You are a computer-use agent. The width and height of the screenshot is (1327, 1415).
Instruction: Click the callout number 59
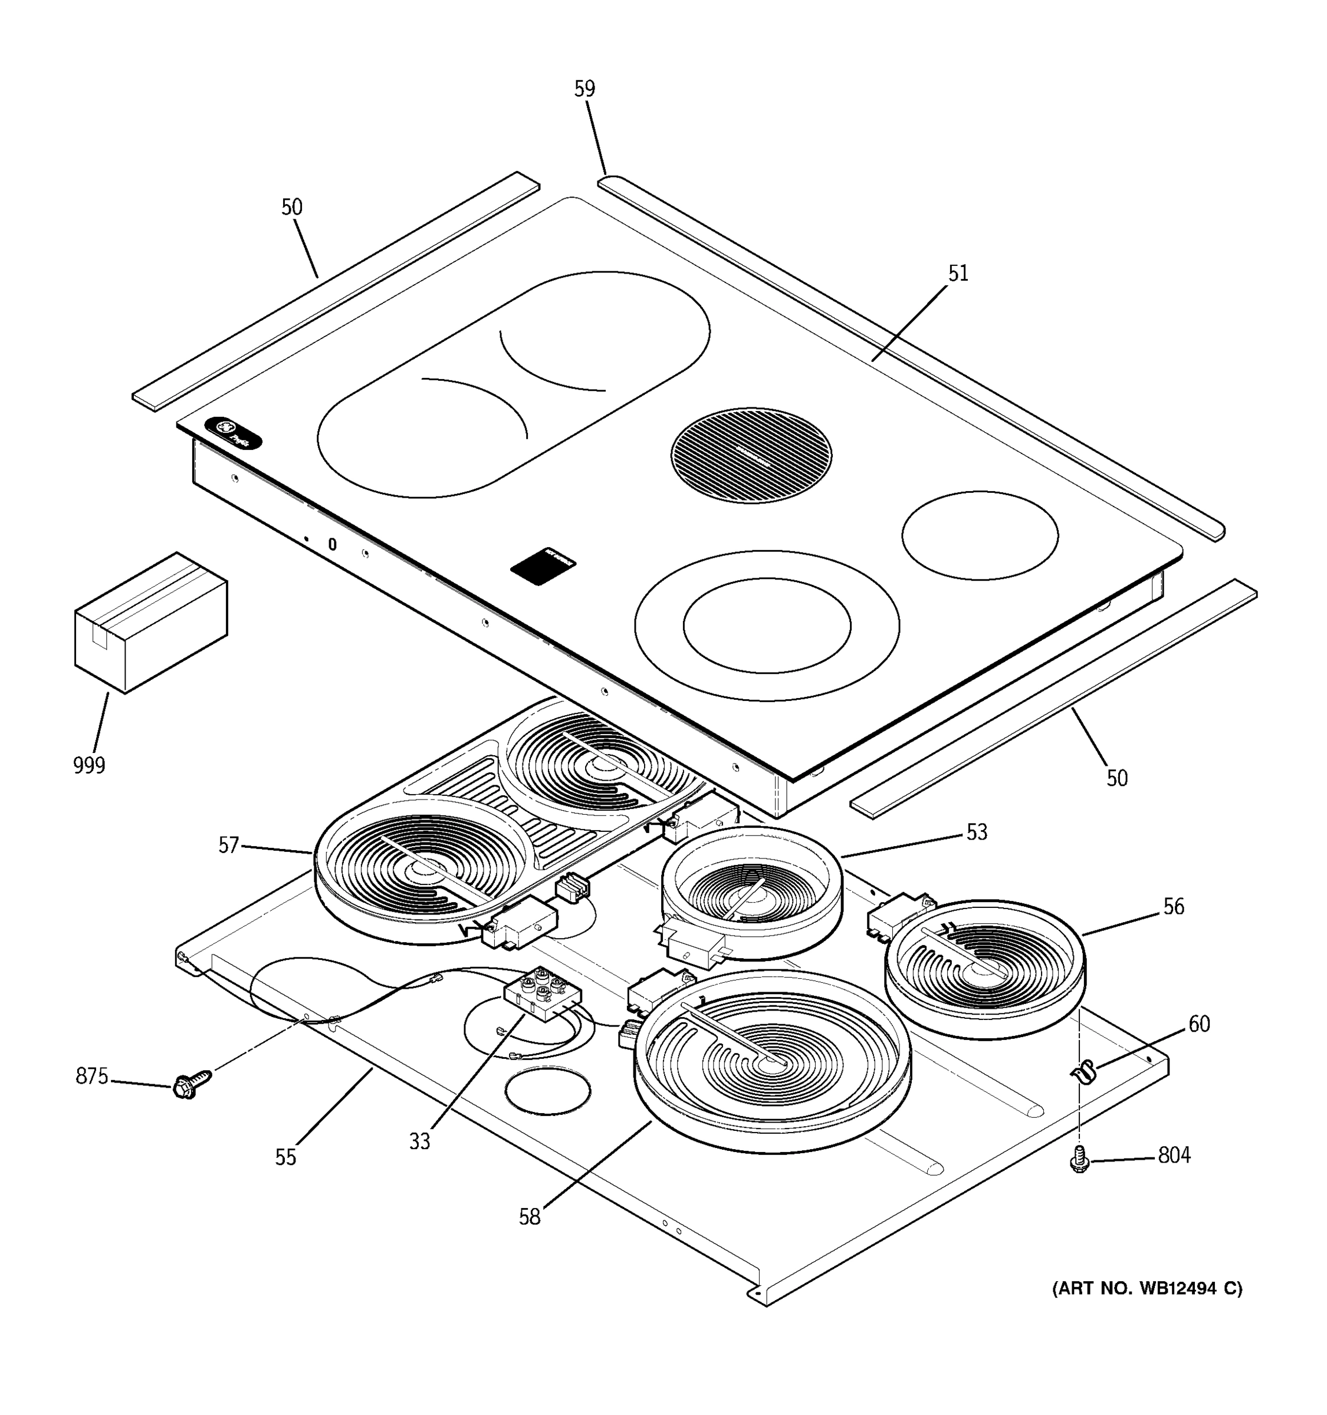coord(584,89)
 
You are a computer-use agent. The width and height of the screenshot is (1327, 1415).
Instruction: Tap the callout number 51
coord(958,274)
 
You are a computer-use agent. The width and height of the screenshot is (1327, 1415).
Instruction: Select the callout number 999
coord(89,766)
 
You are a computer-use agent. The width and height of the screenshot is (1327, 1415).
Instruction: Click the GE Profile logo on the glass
coord(233,434)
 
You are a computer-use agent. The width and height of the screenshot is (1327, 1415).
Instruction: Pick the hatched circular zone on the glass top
coord(751,455)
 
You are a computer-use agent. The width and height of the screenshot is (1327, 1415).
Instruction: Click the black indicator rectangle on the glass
coord(543,566)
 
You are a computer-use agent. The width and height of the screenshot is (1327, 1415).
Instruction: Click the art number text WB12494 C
coord(1147,1289)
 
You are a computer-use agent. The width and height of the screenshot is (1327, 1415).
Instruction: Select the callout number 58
coord(529,1217)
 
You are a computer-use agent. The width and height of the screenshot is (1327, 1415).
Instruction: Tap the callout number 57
coord(228,845)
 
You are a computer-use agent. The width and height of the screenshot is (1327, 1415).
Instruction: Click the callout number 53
coord(977,832)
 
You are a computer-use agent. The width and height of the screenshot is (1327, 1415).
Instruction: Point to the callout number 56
coord(1173,907)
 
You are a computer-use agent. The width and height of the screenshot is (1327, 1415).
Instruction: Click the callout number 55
coord(285,1157)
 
